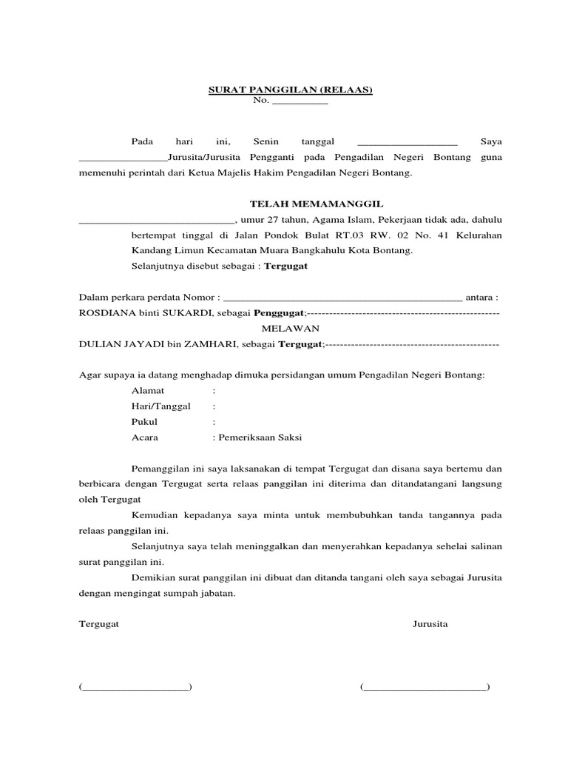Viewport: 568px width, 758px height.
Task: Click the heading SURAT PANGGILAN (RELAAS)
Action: click(x=289, y=90)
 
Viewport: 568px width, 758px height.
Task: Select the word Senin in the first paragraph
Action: click(x=266, y=141)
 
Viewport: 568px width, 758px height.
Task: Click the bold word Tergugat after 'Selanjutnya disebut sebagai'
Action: click(x=287, y=266)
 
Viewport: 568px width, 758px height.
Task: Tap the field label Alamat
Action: click(x=148, y=390)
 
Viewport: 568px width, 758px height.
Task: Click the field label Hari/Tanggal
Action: click(x=160, y=406)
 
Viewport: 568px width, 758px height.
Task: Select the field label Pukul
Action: click(x=144, y=421)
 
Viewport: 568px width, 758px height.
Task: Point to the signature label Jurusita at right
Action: click(x=430, y=624)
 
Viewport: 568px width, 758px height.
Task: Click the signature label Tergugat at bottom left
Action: click(x=99, y=624)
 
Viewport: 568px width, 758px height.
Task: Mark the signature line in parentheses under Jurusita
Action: click(x=425, y=687)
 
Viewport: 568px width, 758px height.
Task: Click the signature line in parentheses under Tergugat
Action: click(x=135, y=687)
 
